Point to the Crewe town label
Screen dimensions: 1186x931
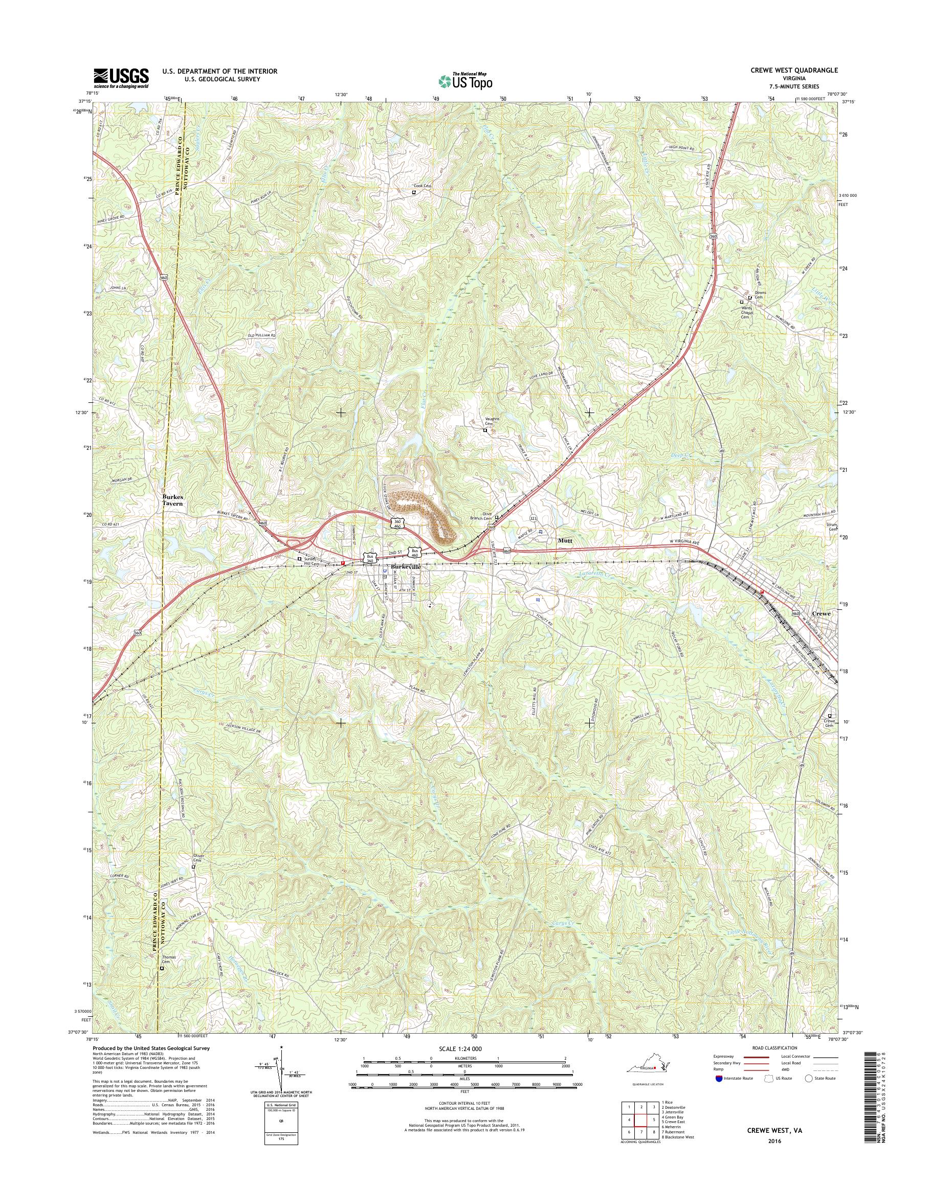[822, 613]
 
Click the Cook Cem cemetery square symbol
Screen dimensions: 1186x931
[414, 192]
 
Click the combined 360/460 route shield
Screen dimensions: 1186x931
[396, 522]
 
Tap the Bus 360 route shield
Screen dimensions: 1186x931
[371, 558]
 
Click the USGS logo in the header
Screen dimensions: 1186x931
[122, 78]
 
